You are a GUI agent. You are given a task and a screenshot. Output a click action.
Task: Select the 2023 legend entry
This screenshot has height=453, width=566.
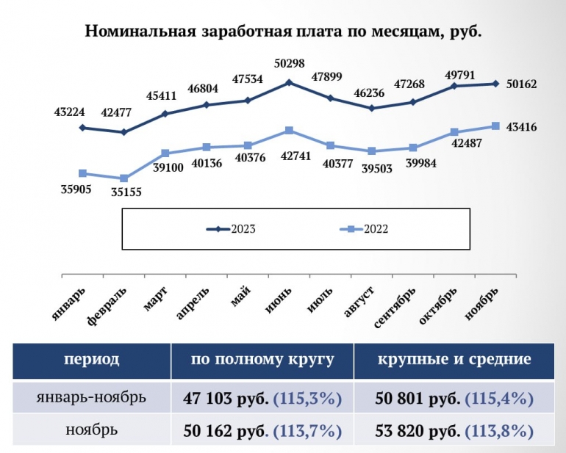pyautogui.click(x=231, y=229)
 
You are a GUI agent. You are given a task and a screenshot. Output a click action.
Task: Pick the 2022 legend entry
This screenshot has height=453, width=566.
pyautogui.click(x=364, y=229)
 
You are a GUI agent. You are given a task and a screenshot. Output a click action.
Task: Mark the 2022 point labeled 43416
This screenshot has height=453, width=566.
pyautogui.click(x=495, y=126)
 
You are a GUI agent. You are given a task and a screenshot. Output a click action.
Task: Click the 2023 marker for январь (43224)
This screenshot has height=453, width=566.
pyautogui.click(x=83, y=128)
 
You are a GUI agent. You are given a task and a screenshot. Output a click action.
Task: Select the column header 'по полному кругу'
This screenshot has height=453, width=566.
pyautogui.click(x=262, y=360)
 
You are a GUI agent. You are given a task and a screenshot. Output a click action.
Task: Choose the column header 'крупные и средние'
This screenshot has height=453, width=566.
pyautogui.click(x=454, y=360)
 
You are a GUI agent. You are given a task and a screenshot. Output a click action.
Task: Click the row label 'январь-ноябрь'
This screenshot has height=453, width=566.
pyautogui.click(x=91, y=399)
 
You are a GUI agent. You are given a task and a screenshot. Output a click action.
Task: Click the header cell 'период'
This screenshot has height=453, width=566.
pyautogui.click(x=91, y=360)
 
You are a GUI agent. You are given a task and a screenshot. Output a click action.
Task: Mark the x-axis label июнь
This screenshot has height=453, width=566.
pyautogui.click(x=280, y=300)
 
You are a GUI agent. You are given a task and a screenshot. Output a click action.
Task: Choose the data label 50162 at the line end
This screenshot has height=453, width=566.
pyautogui.click(x=522, y=84)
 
